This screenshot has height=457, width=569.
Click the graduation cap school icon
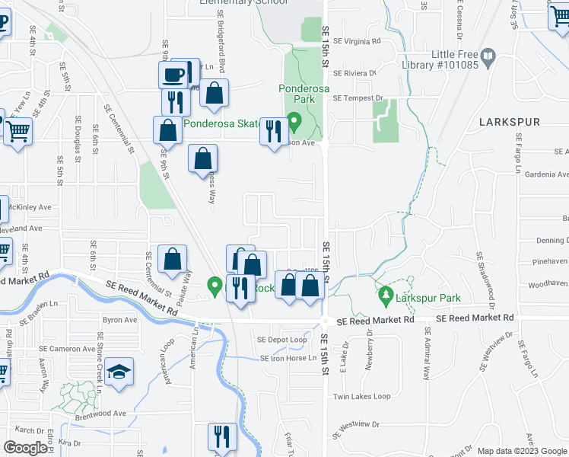(x=119, y=372)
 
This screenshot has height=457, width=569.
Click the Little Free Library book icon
(x=488, y=56)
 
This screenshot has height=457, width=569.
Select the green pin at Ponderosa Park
(x=297, y=120)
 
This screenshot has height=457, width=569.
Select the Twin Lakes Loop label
(x=361, y=397)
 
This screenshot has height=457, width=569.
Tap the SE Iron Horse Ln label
(x=288, y=358)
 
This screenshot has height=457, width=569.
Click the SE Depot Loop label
(x=281, y=340)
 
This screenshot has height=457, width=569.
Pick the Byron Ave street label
(x=119, y=321)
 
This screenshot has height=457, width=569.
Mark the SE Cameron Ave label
(x=68, y=348)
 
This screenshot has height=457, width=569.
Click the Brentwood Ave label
(x=100, y=414)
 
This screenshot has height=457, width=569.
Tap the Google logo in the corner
(x=25, y=448)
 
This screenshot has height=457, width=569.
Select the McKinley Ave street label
(x=30, y=207)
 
